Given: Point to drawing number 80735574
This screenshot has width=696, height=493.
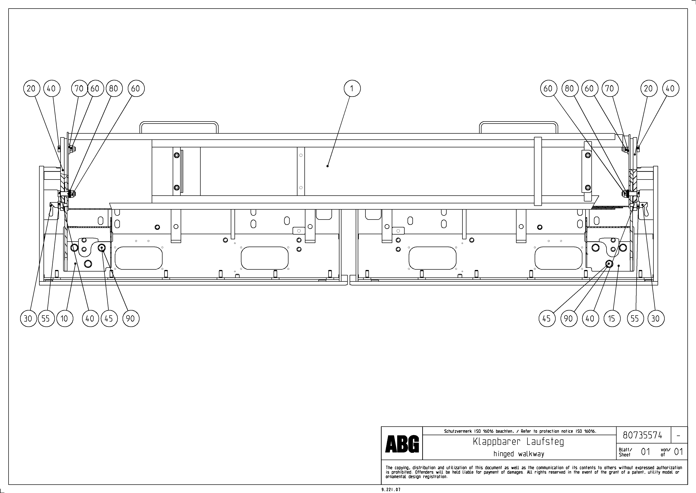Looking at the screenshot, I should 643,435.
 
